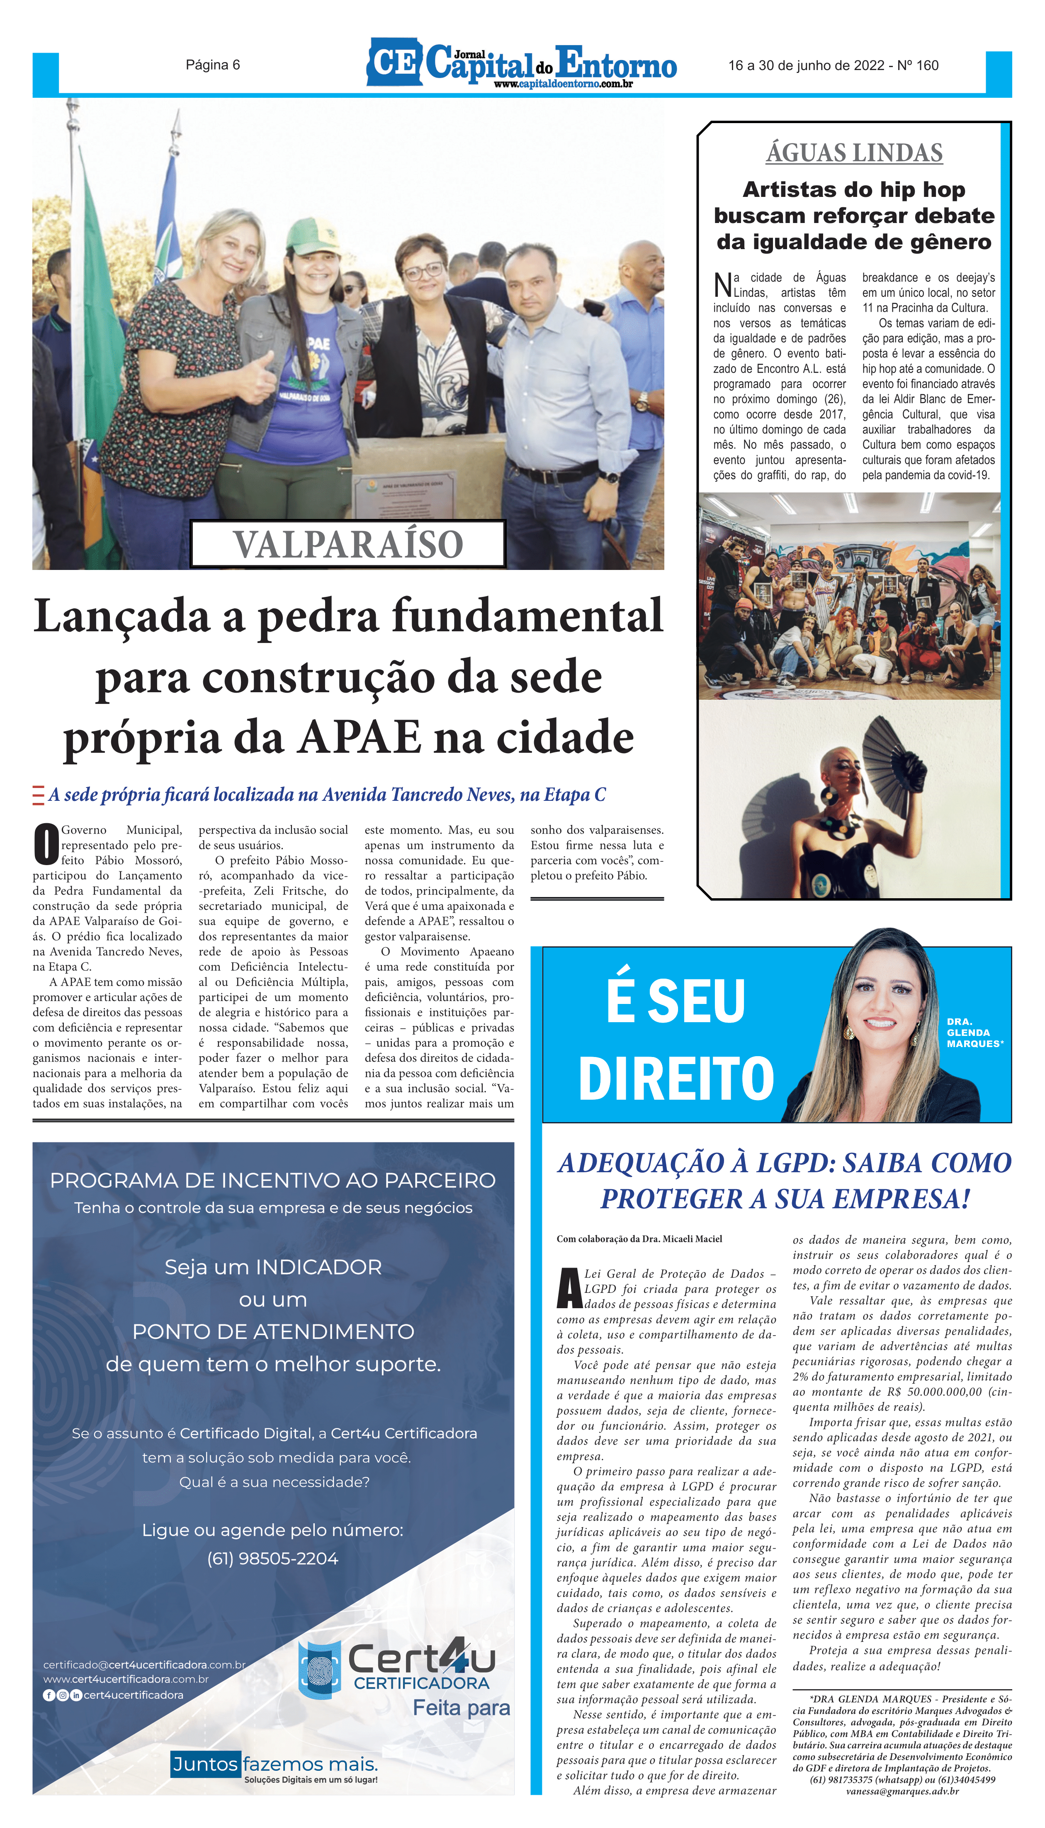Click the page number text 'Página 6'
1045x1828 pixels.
pyautogui.click(x=212, y=65)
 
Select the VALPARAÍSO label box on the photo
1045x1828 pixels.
pyautogui.click(x=348, y=544)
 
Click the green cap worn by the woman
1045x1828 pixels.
pyautogui.click(x=313, y=236)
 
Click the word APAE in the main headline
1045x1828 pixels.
pyautogui.click(x=360, y=737)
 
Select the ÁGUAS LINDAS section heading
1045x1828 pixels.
pyautogui.click(x=854, y=153)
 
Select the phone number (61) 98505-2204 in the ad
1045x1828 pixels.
pyautogui.click(x=273, y=1559)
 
